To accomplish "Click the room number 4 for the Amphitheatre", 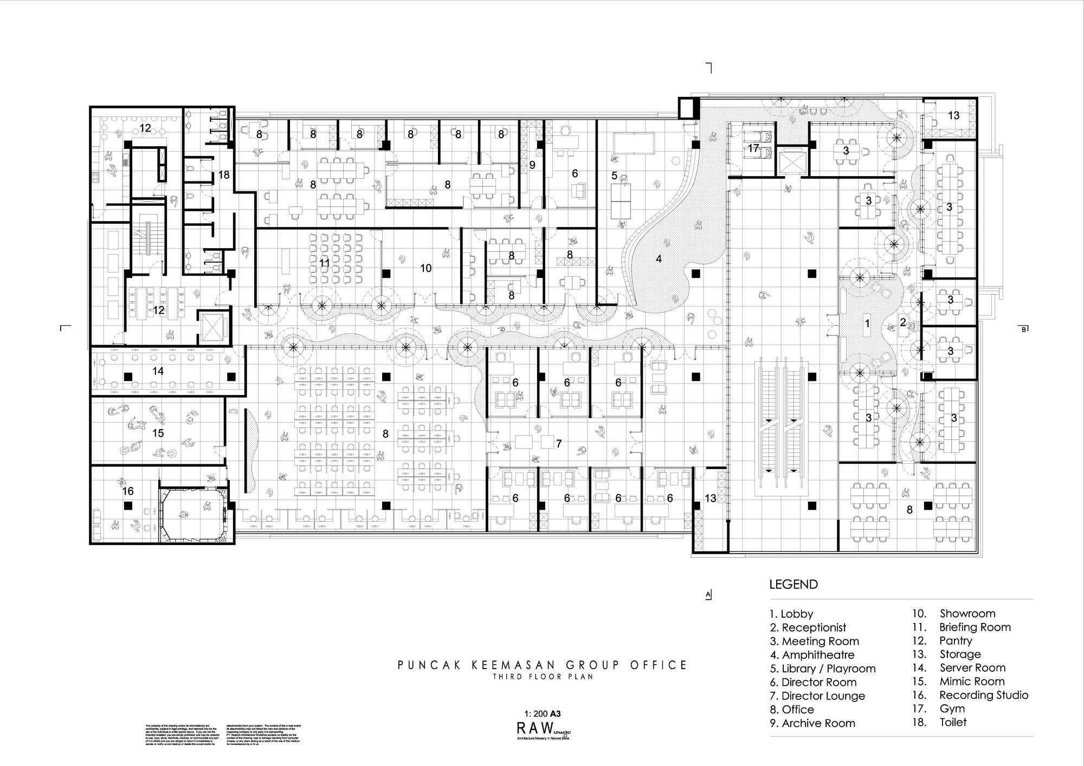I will [x=659, y=259].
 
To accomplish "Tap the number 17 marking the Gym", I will [x=753, y=148].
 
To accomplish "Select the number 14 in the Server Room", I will [x=158, y=371].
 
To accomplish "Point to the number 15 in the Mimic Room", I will [x=158, y=433].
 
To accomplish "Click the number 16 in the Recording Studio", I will [x=128, y=491].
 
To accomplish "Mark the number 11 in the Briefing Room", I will [x=324, y=263].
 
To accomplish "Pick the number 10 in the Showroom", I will [x=426, y=268].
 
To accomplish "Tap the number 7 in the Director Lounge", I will [x=558, y=444].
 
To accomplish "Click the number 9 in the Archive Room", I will [x=532, y=165].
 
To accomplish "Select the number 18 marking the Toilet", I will [x=224, y=175].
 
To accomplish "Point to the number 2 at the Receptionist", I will [x=903, y=322].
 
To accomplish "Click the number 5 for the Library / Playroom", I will [x=614, y=176].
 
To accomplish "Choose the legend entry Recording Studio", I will [x=983, y=695].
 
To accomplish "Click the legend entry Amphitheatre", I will [x=817, y=655].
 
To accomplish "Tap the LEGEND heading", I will [x=793, y=585].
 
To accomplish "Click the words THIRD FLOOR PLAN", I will [x=542, y=677].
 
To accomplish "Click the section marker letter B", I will [x=1024, y=329].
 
